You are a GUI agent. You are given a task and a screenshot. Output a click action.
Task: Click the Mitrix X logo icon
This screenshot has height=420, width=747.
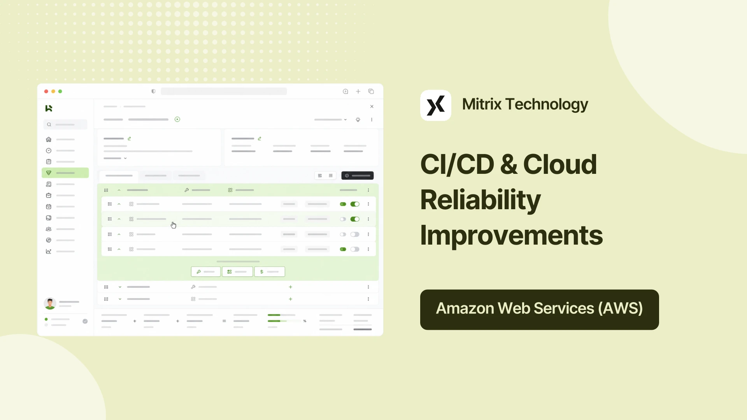pos(436,105)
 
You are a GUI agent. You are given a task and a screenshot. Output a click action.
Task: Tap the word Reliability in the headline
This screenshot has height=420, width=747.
pos(480,200)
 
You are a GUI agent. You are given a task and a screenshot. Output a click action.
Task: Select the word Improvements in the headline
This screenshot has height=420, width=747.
pos(512,236)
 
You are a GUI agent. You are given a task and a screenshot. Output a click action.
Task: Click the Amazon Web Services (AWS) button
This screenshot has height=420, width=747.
pos(540,310)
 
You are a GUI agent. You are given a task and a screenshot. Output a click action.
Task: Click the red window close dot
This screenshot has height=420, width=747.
pos(46,91)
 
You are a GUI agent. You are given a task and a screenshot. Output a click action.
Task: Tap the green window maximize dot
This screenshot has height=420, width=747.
pos(60,91)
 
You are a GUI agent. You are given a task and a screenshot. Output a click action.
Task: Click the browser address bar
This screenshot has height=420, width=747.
pos(224,91)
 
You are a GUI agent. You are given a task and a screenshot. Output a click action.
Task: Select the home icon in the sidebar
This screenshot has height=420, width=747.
pos(49,139)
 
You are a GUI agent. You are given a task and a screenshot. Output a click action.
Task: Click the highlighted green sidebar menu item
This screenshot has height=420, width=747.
pos(65,173)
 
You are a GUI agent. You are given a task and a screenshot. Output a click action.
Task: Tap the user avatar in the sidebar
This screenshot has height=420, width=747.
pos(50,303)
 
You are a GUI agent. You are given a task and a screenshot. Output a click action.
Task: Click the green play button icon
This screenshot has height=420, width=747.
pos(177,119)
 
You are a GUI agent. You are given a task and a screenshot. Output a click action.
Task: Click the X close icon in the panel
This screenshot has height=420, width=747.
pos(372,107)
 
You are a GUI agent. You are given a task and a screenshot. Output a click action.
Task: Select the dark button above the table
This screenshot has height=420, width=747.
pos(358,176)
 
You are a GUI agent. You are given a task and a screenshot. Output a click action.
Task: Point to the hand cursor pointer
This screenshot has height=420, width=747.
pos(174,225)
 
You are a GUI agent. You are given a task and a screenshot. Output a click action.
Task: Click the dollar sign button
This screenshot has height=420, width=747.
pos(270,272)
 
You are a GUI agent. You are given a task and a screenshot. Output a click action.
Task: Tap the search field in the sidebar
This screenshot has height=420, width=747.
pos(65,124)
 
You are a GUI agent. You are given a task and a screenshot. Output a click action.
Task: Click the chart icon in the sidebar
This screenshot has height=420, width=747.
pos(49,252)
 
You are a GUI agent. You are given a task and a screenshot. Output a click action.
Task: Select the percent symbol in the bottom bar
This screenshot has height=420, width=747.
pos(305,321)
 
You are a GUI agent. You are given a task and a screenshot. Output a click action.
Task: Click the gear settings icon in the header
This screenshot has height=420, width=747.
pos(358,120)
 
